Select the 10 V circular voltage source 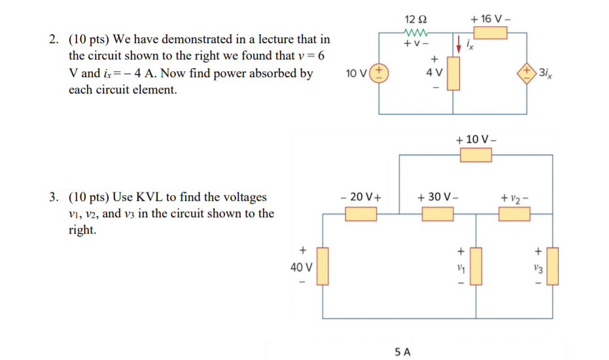click(381, 73)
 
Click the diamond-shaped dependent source click(527, 71)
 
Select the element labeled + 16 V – click(491, 33)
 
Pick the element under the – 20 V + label click(361, 213)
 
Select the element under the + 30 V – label click(438, 213)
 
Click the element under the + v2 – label click(515, 213)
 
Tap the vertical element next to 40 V click(322, 266)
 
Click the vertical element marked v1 click(476, 266)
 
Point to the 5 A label click(403, 351)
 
